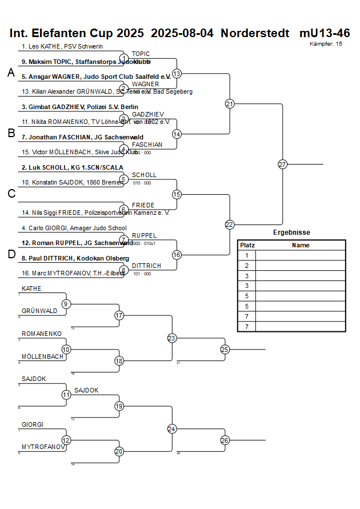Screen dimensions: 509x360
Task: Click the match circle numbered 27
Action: pyautogui.click(x=282, y=164)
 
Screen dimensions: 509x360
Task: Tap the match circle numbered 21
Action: pyautogui.click(x=230, y=103)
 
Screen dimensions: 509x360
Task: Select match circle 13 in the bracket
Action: pyautogui.click(x=177, y=73)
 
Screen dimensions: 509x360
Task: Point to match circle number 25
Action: pyautogui.click(x=225, y=349)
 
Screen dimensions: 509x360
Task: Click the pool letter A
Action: pyautogui.click(x=11, y=73)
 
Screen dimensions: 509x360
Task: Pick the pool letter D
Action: pyautogui.click(x=11, y=254)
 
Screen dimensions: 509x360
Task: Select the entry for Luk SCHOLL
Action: pyautogui.click(x=73, y=167)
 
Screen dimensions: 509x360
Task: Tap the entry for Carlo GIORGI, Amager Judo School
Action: pyautogui.click(x=74, y=228)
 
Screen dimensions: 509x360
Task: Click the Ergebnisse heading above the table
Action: pyautogui.click(x=291, y=233)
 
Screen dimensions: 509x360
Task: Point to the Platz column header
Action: pyautogui.click(x=247, y=245)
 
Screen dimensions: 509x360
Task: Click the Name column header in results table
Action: pyautogui.click(x=301, y=245)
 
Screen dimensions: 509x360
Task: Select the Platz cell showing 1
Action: pyautogui.click(x=247, y=255)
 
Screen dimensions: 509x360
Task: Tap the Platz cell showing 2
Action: pyautogui.click(x=247, y=266)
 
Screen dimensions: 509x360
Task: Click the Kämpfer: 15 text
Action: pyautogui.click(x=326, y=43)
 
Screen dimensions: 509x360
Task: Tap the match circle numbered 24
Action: pyautogui.click(x=171, y=428)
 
